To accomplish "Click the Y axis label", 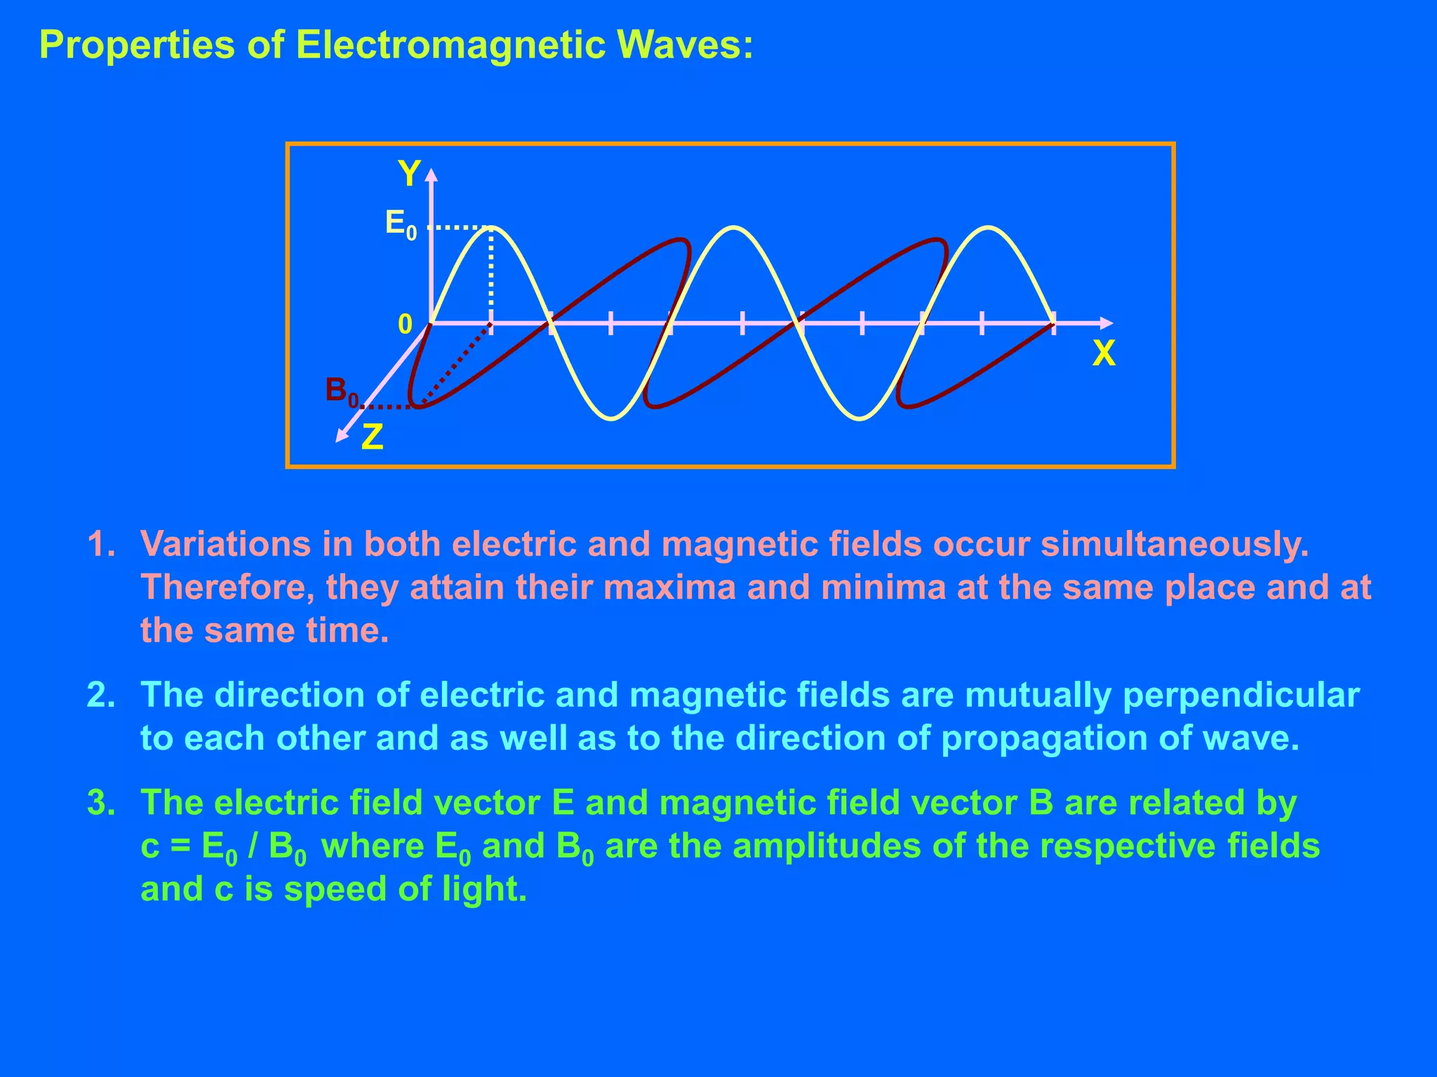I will point(409,172).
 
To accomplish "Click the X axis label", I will point(1103,354).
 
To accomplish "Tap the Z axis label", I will point(372,438).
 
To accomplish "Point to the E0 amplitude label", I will point(401,225).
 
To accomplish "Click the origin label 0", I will point(406,325).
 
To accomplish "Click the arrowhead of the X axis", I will point(1106,323).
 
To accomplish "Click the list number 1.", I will point(100,544).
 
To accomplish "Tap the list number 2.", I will point(100,695).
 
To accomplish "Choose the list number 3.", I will point(100,803).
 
